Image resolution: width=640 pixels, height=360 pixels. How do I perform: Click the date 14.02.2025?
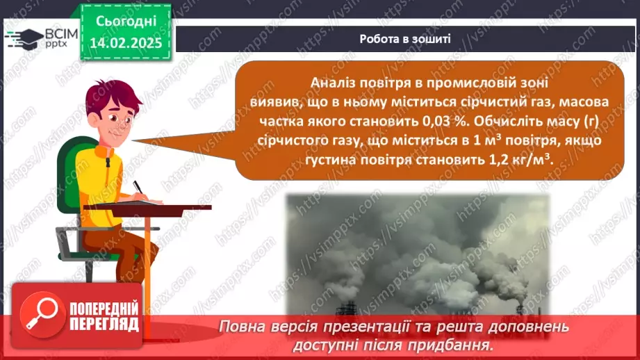point(126,43)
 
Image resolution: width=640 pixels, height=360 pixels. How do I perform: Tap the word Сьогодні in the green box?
point(126,22)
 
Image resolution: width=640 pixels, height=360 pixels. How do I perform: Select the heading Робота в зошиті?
point(405,39)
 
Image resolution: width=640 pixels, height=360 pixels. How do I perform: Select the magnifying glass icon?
point(42,314)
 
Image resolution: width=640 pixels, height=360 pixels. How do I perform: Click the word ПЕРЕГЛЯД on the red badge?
point(104,325)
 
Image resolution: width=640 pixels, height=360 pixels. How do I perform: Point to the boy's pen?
point(139,187)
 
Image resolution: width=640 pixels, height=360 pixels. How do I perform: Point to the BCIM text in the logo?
point(61,34)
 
